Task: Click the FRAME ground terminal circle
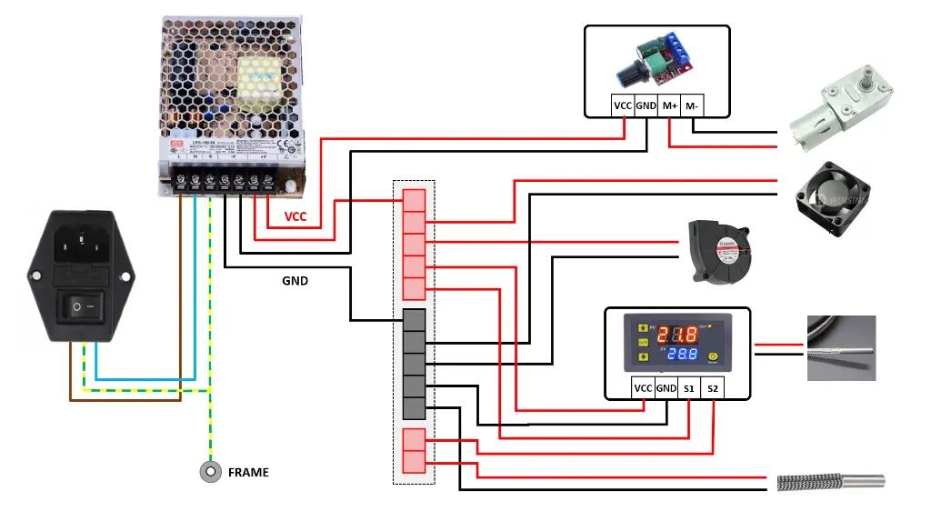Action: click(211, 472)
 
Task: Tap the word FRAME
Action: click(248, 473)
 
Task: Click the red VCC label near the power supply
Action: click(296, 217)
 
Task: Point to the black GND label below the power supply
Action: click(295, 281)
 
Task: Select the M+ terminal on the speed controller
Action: click(669, 105)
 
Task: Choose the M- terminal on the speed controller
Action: click(693, 105)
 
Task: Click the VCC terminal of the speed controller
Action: click(623, 105)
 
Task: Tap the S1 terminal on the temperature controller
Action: click(689, 388)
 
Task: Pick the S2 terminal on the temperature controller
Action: click(713, 388)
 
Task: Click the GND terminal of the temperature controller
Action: click(666, 388)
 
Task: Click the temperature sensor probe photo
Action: click(841, 347)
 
